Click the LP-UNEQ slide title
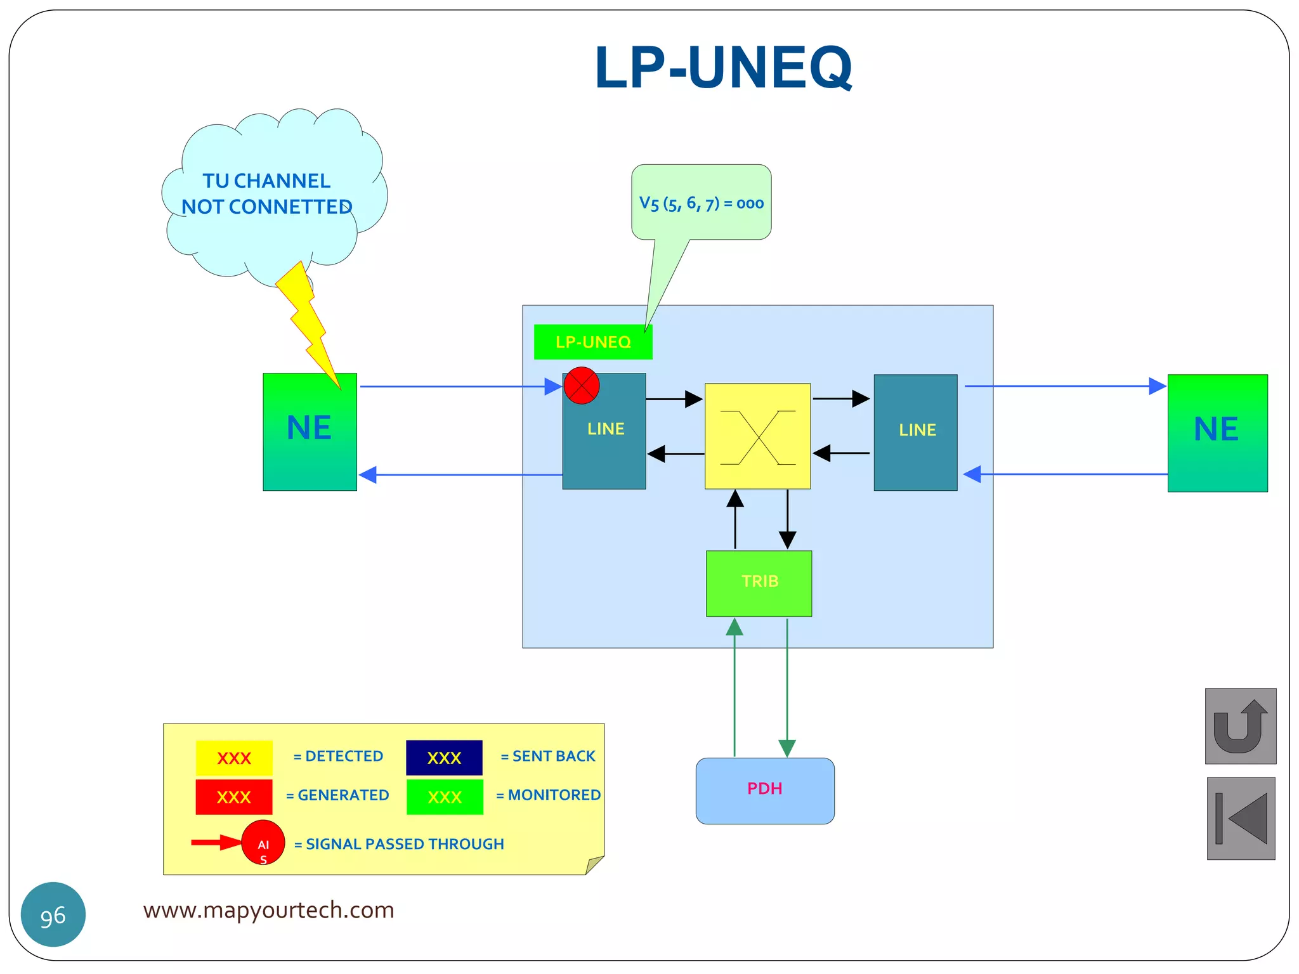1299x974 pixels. click(723, 67)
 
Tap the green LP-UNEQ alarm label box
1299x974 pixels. click(592, 342)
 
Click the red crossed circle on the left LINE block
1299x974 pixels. click(582, 386)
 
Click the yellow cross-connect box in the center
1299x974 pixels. click(757, 436)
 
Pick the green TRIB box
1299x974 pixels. click(759, 583)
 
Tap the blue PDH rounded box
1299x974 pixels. click(765, 791)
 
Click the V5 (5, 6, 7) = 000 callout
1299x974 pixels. click(701, 203)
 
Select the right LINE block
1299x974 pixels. click(915, 432)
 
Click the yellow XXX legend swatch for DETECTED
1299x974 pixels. click(234, 758)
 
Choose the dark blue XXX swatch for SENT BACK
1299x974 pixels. click(444, 758)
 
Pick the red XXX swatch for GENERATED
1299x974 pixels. click(234, 796)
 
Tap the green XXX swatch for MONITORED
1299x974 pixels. click(445, 796)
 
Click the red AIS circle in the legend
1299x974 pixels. click(263, 842)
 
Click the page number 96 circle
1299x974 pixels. click(53, 914)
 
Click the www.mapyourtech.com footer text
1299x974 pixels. click(268, 910)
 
